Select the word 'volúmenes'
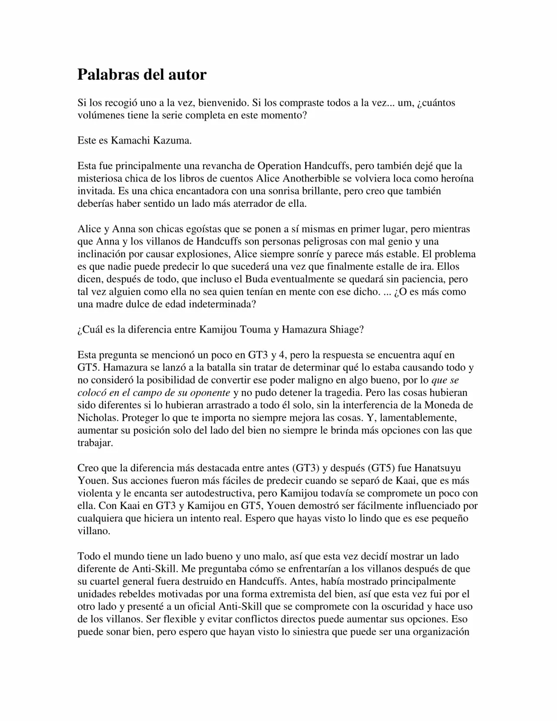99,115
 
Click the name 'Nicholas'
98,418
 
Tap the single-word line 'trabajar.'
95,443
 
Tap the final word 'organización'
438,632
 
